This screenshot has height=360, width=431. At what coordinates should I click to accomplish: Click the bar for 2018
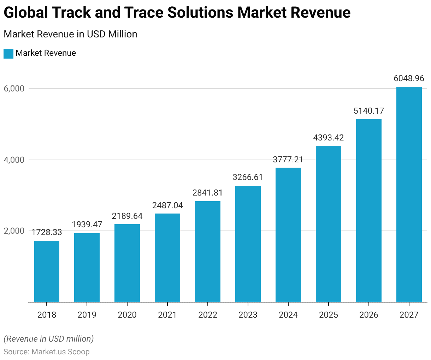[x=47, y=271]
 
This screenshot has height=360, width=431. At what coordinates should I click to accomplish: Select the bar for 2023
[x=248, y=244]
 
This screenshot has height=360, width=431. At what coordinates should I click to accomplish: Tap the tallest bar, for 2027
[x=409, y=194]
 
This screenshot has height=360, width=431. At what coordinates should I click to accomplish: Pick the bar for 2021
[x=167, y=258]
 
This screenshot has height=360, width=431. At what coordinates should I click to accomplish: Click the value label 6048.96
[x=409, y=78]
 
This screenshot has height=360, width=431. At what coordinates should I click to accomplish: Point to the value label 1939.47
[x=87, y=224]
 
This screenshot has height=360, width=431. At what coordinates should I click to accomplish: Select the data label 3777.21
[x=288, y=160]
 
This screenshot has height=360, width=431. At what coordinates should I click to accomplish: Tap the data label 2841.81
[x=208, y=193]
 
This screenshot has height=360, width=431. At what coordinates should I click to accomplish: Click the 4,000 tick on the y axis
[x=14, y=160]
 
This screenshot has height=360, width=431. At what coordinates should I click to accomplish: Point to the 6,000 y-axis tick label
[x=14, y=89]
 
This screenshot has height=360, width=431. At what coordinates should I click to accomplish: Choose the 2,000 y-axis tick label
[x=14, y=231]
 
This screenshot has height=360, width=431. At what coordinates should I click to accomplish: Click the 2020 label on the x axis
[x=127, y=315]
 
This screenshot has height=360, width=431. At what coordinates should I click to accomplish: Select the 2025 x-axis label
[x=329, y=315]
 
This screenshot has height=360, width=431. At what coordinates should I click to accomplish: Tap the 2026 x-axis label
[x=369, y=315]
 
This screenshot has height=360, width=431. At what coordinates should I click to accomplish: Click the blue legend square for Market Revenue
[x=8, y=54]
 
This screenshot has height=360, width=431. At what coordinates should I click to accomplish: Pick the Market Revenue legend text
[x=46, y=53]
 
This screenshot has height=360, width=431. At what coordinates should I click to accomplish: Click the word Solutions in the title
[x=200, y=13]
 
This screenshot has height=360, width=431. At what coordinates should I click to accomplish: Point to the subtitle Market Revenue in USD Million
[x=70, y=34]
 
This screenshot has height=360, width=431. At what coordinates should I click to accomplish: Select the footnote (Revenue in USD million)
[x=49, y=339]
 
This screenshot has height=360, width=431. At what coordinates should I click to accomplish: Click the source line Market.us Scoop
[x=47, y=352]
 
